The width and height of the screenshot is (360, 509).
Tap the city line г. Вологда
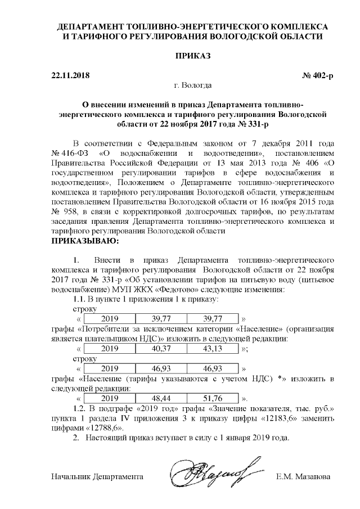tap(193, 85)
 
